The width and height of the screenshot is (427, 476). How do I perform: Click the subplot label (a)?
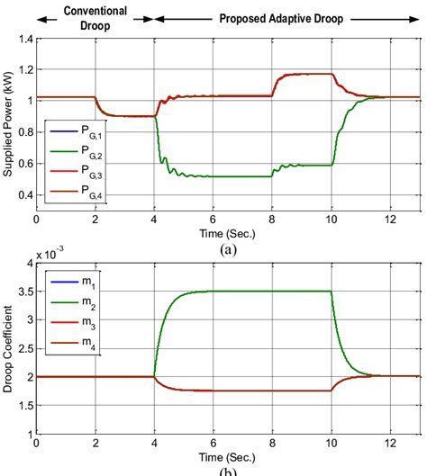[228, 249]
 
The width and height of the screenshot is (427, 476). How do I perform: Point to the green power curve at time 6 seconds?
[213, 176]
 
